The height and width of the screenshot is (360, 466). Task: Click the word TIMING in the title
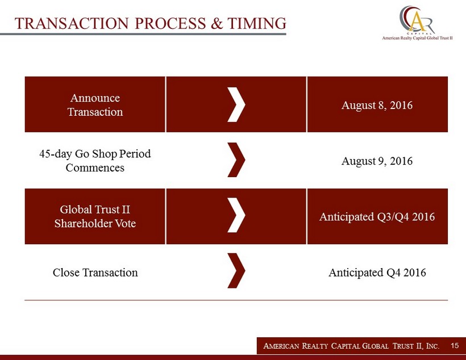pos(257,23)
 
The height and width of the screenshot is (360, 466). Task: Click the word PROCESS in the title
pos(170,23)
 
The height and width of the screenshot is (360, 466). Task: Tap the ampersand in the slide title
pos(217,23)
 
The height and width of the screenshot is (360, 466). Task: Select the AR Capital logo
pos(417,20)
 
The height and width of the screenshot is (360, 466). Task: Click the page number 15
pos(455,345)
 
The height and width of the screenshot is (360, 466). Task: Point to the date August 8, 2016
pos(377,105)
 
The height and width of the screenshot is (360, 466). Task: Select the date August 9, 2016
pos(377,161)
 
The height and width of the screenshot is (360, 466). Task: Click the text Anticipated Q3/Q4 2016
pos(377,216)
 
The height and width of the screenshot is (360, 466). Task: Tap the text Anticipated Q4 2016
pos(377,273)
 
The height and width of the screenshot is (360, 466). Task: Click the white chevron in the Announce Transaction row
pos(236,104)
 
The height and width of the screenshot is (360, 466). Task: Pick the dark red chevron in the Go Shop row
pos(236,160)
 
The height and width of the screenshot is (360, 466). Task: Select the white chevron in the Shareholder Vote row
pos(236,215)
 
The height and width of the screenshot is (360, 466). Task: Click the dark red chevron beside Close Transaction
pos(236,271)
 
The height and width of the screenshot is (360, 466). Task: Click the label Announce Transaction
pos(95,105)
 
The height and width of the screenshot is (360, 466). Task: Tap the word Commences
pos(95,168)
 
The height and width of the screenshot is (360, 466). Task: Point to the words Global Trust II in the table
pos(95,210)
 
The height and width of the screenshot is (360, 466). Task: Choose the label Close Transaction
pos(95,273)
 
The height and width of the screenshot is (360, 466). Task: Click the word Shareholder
pos(83,223)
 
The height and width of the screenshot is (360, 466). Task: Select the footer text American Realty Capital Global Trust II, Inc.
pos(351,346)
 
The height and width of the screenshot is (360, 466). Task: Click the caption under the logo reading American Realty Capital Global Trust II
pos(417,38)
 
